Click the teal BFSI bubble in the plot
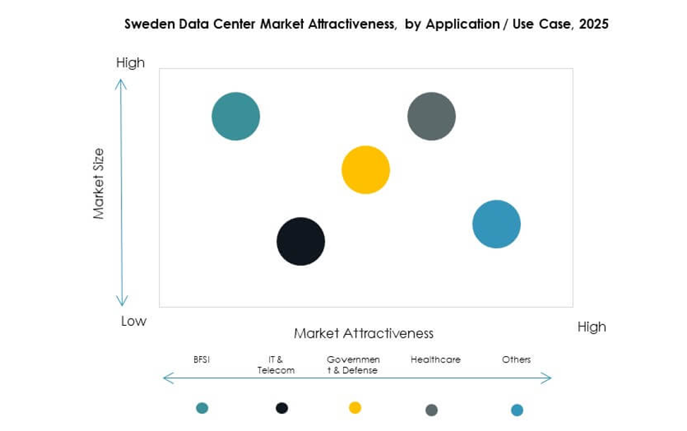coord(236,116)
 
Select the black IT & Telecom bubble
coord(301,242)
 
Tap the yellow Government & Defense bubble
coord(366,170)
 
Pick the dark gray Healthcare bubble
coord(431,116)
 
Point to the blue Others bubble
coord(496,224)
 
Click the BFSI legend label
coord(201,360)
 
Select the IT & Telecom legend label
coord(276,365)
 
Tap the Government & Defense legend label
coord(353,365)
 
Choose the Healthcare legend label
coord(435,360)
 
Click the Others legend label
coord(516,360)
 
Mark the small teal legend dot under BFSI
coord(202,408)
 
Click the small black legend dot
coord(282,408)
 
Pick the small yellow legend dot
coord(355,408)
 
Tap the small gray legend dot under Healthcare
coord(431,410)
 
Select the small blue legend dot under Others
coord(517,410)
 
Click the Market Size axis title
coord(99,183)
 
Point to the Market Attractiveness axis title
coord(364,333)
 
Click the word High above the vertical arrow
coord(130,63)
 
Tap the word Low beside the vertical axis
coord(133,321)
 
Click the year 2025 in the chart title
coord(594,24)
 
